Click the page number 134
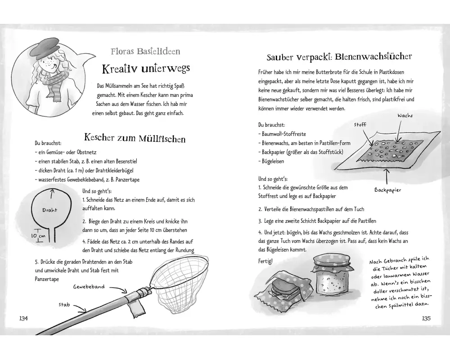[23, 318]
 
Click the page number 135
[427, 318]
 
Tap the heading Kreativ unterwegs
[146, 69]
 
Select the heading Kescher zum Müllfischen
[135, 138]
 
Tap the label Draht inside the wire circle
[49, 210]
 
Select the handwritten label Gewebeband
[89, 286]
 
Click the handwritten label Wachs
[405, 116]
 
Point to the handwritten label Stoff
[360, 124]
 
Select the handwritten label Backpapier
[387, 189]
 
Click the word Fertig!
[265, 261]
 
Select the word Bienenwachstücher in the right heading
[373, 57]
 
